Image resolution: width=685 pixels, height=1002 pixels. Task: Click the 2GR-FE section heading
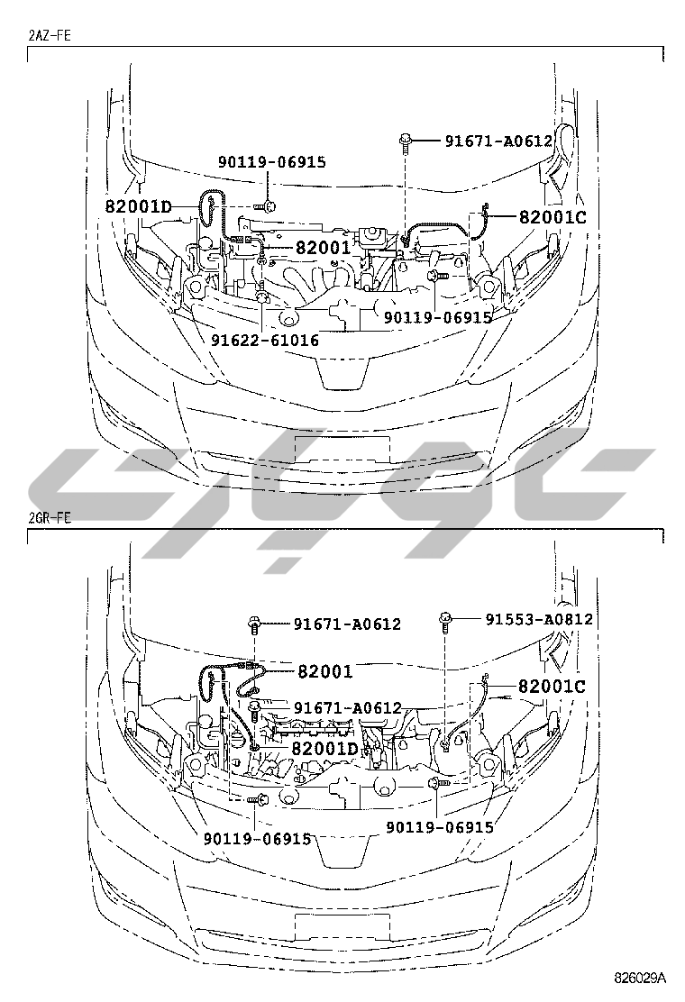[x=50, y=518]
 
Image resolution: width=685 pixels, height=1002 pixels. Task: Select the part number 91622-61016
[x=265, y=341]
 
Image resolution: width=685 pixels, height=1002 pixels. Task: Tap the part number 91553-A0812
[x=539, y=619]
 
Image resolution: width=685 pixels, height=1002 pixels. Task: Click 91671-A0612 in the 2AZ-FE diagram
[x=498, y=141]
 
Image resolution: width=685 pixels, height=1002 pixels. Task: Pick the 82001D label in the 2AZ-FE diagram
[x=139, y=206]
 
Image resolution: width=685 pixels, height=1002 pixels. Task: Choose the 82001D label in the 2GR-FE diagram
[x=324, y=749]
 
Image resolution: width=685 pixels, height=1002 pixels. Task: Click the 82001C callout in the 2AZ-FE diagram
[x=553, y=216]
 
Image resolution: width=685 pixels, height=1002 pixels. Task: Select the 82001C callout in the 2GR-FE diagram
[x=552, y=687]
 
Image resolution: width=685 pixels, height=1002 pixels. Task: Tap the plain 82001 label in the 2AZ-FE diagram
[x=322, y=247]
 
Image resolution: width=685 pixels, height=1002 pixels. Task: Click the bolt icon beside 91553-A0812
[x=445, y=618]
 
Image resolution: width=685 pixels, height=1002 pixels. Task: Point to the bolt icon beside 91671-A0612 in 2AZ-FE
[x=406, y=140]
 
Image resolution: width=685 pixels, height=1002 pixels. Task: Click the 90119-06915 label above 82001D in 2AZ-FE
[x=271, y=162]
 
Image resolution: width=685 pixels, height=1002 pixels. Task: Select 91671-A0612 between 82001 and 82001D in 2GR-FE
[x=347, y=708]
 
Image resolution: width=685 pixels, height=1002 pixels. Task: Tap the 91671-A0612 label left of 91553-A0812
[x=347, y=624]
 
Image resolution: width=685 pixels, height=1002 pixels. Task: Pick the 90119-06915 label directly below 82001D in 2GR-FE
[x=257, y=838]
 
